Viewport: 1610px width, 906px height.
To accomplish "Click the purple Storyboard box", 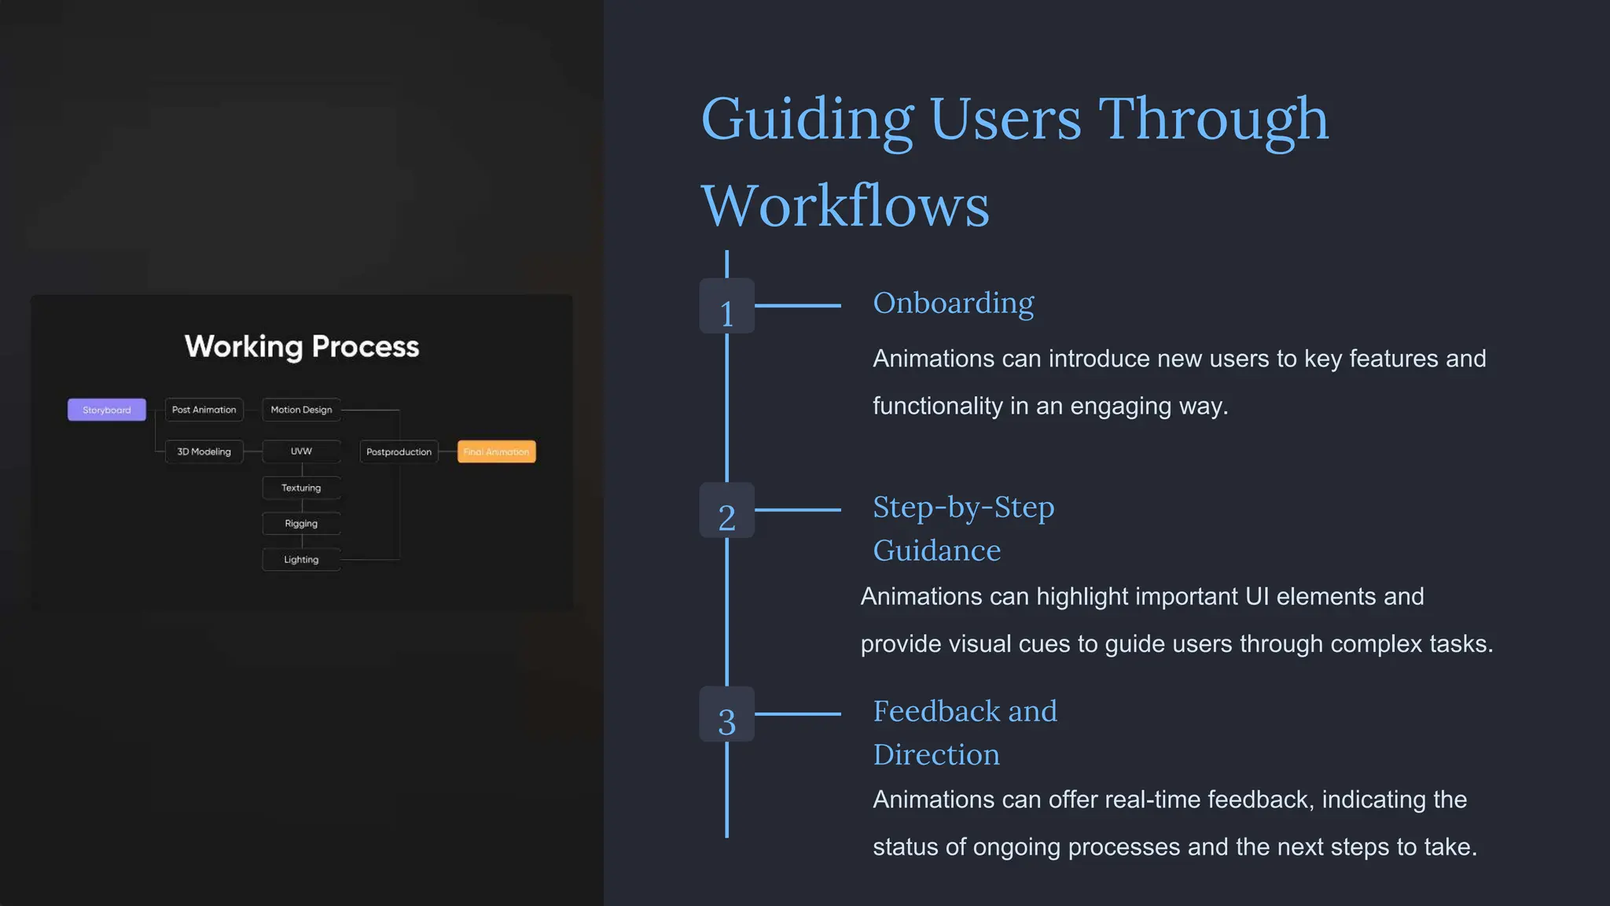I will [x=107, y=410].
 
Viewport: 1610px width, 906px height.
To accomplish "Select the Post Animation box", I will [x=204, y=410].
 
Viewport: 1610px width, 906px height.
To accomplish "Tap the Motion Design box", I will [x=301, y=410].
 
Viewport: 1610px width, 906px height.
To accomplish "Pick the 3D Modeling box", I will [x=204, y=451].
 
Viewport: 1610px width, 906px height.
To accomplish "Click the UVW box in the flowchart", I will [x=301, y=451].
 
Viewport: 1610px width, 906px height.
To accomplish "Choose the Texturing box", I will [x=301, y=488].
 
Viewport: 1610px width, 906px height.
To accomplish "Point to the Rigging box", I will [x=301, y=524].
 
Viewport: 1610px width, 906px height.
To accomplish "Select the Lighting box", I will [x=301, y=560].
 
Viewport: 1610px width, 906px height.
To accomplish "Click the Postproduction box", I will [x=399, y=451].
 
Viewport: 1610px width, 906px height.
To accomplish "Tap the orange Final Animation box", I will [x=496, y=451].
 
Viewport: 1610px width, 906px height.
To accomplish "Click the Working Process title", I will [x=302, y=347].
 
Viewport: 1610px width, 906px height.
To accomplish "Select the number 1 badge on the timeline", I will [x=726, y=307].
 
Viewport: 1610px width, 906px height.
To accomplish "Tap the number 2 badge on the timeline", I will [x=726, y=511].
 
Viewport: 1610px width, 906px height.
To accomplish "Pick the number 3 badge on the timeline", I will [x=726, y=715].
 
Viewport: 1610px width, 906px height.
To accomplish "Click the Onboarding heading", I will [x=953, y=304].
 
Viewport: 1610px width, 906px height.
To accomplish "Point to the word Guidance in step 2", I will [x=936, y=551].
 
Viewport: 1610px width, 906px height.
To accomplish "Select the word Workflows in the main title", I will [x=844, y=206].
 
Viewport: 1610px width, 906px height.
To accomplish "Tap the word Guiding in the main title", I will [x=807, y=120].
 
